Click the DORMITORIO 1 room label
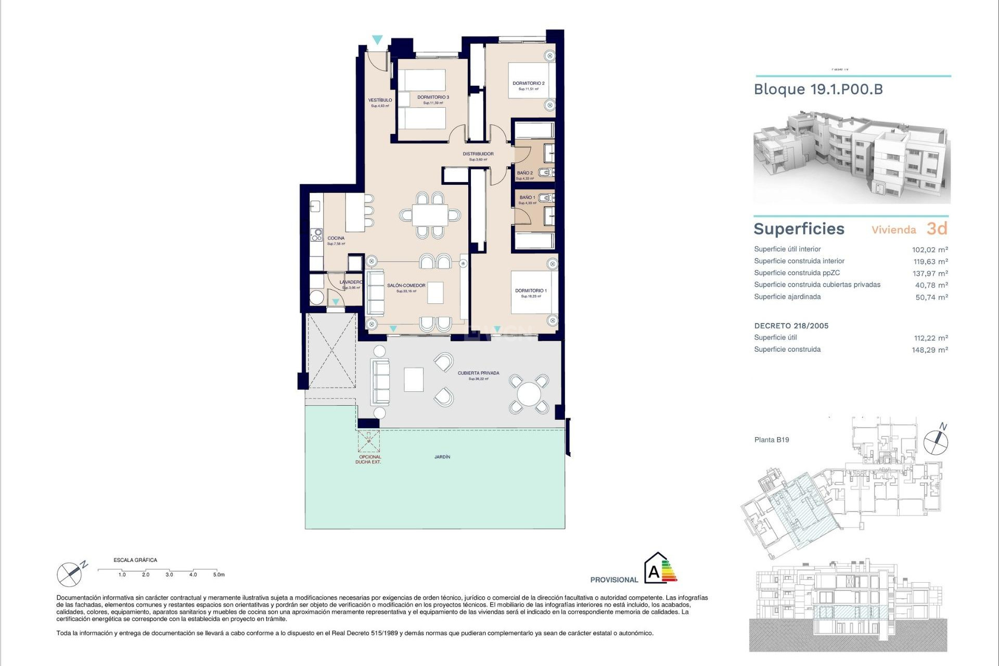(x=531, y=291)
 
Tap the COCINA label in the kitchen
(x=336, y=238)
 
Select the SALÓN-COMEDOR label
(x=406, y=286)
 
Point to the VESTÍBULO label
(x=380, y=100)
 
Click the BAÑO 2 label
(x=524, y=173)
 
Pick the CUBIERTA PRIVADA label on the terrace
(x=478, y=373)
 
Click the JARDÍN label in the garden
(x=442, y=457)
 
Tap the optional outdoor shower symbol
(x=369, y=441)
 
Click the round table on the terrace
(x=529, y=394)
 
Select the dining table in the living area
(x=430, y=215)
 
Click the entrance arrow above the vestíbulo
(x=377, y=40)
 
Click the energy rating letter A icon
(x=654, y=572)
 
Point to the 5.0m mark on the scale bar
(x=219, y=574)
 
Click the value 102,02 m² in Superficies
(x=930, y=250)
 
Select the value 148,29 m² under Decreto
(x=929, y=350)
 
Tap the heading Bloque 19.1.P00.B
(x=818, y=89)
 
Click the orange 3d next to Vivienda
(x=937, y=229)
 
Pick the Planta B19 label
(x=772, y=440)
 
